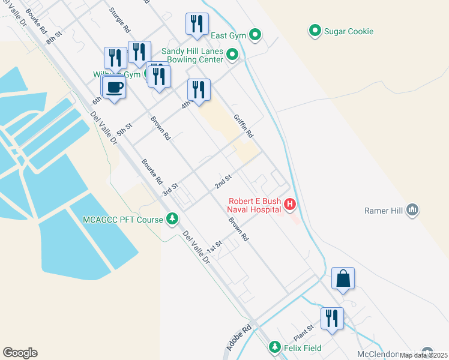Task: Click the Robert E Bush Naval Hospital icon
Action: (x=291, y=205)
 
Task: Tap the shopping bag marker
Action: (x=343, y=278)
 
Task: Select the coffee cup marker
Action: (x=114, y=88)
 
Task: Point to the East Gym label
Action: (x=229, y=36)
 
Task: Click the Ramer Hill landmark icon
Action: (x=412, y=210)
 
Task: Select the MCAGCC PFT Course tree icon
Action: (x=173, y=219)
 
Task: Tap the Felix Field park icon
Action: (x=275, y=347)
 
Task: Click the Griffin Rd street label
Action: (x=244, y=125)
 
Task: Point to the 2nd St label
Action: (x=223, y=180)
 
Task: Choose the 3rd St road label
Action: (x=171, y=190)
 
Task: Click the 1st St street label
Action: (x=214, y=246)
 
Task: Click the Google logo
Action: (x=20, y=353)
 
